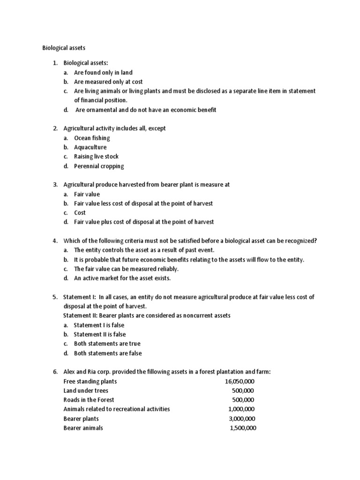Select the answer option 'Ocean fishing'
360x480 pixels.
click(92, 138)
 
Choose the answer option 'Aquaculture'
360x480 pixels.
click(90, 147)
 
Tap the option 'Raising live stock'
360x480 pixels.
click(96, 157)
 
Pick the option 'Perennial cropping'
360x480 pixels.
click(99, 166)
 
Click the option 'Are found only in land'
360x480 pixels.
click(103, 72)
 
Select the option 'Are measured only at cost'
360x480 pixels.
click(108, 82)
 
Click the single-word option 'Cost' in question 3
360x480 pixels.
click(80, 213)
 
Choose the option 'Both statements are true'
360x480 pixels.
click(107, 344)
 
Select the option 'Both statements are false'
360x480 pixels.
click(108, 353)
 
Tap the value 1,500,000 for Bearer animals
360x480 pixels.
click(243, 428)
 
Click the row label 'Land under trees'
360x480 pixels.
click(86, 390)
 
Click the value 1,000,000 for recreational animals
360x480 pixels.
click(242, 409)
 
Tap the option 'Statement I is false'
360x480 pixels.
click(99, 325)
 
